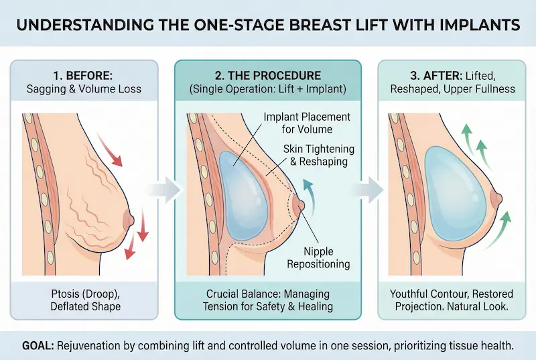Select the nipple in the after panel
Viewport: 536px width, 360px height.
(x=498, y=198)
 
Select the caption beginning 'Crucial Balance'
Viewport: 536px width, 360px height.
(x=267, y=300)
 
